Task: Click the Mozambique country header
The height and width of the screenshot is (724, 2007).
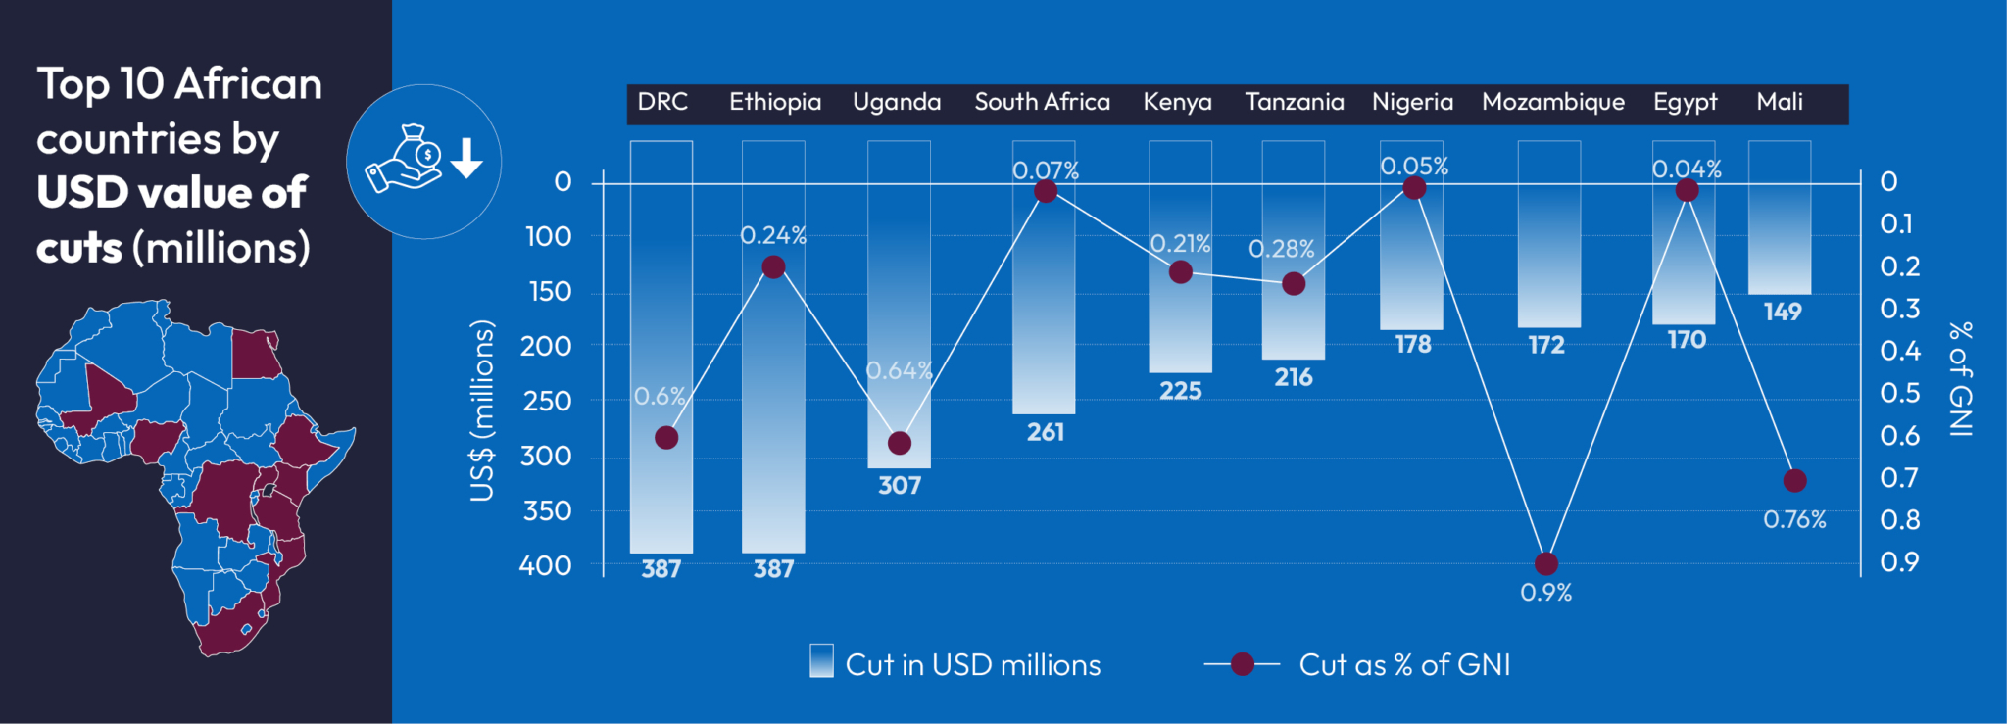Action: tap(1552, 102)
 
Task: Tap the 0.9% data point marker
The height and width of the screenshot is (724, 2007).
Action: tap(1545, 563)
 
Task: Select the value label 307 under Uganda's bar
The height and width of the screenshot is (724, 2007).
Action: tap(899, 485)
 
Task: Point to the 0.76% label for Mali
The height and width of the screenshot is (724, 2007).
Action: tap(1794, 519)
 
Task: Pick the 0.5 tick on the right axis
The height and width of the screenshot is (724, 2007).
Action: tap(1899, 393)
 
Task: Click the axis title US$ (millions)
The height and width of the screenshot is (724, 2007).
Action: tap(482, 410)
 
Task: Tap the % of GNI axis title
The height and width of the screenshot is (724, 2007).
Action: tap(1959, 378)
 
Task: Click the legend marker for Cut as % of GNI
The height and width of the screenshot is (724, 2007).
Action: tap(1242, 664)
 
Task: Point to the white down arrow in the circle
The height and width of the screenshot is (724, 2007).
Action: tap(467, 158)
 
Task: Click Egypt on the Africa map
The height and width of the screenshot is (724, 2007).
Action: tap(254, 355)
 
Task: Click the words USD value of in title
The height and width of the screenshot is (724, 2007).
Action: tap(171, 192)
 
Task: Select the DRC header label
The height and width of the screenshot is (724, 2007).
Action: tap(662, 102)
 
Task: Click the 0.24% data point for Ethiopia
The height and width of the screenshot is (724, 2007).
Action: tap(773, 266)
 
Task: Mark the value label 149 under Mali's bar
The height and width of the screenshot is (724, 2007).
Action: tap(1782, 312)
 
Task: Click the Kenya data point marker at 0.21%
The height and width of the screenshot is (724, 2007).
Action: tap(1181, 271)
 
